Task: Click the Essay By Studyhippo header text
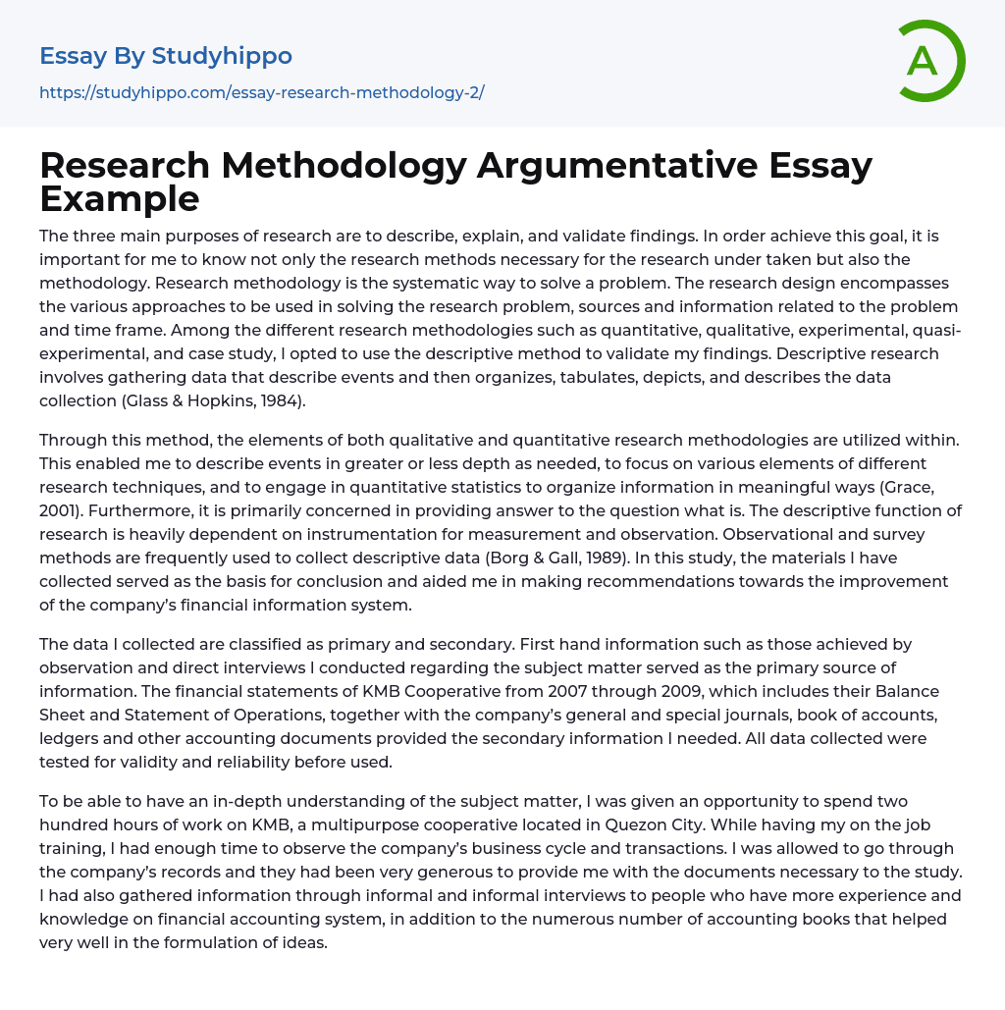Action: [166, 56]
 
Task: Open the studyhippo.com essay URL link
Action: [262, 92]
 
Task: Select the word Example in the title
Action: [120, 198]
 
